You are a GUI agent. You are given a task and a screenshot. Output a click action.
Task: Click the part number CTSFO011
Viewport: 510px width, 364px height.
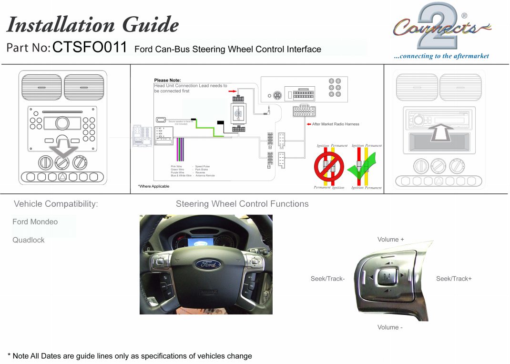click(90, 48)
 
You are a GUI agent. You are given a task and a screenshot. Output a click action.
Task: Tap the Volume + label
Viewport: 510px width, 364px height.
click(390, 240)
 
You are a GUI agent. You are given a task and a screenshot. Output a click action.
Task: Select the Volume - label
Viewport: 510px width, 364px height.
click(390, 327)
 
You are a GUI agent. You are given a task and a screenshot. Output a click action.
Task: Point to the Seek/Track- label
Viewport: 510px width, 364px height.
click(327, 279)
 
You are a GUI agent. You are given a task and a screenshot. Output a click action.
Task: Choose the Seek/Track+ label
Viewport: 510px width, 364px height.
click(454, 279)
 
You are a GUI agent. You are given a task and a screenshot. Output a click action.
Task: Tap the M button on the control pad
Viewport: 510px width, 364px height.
click(387, 277)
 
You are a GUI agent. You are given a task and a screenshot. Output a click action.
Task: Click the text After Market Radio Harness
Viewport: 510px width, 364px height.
click(336, 124)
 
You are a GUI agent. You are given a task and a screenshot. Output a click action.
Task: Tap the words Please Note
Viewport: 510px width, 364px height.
click(167, 80)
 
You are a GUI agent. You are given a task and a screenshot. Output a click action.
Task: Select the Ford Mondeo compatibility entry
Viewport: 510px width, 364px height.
click(35, 222)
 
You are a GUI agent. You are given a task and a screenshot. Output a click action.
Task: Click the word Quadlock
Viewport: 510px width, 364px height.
click(29, 240)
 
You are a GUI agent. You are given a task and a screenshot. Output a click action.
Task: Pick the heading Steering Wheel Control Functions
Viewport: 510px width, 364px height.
click(242, 204)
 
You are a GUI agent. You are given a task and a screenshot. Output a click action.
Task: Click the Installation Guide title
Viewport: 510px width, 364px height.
click(92, 25)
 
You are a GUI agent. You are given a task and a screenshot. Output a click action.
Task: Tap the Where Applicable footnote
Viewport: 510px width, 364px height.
click(153, 186)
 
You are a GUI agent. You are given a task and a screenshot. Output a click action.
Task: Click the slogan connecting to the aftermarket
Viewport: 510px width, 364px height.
click(441, 56)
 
